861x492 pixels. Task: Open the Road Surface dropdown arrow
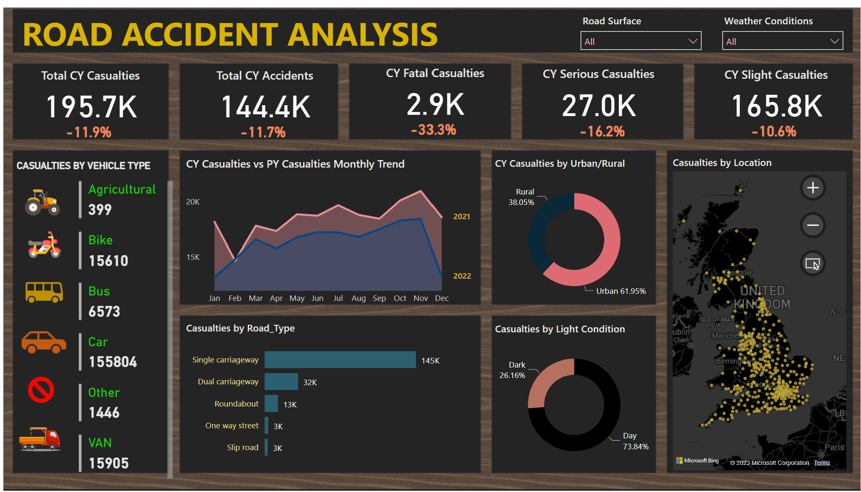[692, 41]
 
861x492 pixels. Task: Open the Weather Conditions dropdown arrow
[834, 41]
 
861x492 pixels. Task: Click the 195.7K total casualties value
[91, 107]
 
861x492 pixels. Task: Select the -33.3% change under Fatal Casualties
[433, 130]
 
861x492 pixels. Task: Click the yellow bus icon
[44, 292]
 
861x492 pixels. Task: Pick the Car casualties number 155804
[113, 362]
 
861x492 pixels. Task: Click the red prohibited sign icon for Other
[41, 390]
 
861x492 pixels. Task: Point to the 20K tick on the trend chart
[193, 202]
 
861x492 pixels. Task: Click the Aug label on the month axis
[358, 298]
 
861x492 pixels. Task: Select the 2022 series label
[462, 276]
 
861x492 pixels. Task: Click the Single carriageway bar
[340, 360]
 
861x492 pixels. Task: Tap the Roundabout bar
[271, 404]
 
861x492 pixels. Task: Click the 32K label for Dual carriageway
[310, 382]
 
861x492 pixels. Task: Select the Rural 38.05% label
[521, 197]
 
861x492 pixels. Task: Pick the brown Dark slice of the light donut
[545, 381]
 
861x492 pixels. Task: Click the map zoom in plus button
[813, 188]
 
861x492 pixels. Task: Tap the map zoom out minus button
[813, 225]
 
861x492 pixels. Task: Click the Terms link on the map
[822, 463]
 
